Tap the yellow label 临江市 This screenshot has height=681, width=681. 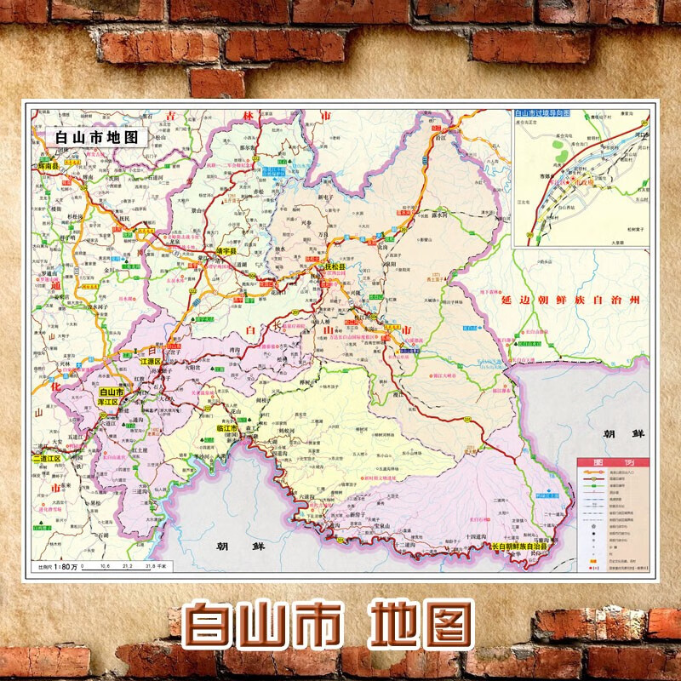(220, 427)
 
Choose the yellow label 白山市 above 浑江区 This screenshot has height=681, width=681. (108, 391)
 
